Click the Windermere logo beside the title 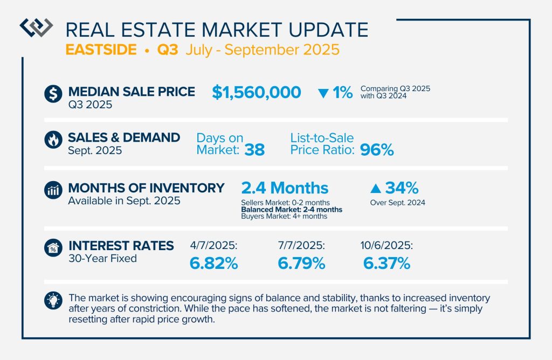[x=36, y=27]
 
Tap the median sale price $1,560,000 [x=256, y=92]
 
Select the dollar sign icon [x=53, y=93]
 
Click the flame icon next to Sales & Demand [x=53, y=141]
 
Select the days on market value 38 [x=254, y=150]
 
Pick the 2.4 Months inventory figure [x=285, y=188]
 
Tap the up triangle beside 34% [x=376, y=189]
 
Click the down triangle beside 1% [x=323, y=93]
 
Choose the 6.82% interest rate [x=213, y=264]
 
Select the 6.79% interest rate [x=301, y=264]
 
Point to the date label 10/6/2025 [x=387, y=246]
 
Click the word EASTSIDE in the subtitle [x=100, y=50]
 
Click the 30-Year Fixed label [x=102, y=259]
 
